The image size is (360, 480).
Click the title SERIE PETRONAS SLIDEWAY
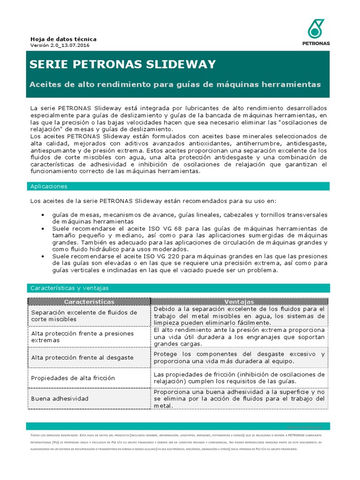(x=123, y=64)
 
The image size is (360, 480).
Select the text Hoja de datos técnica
(x=63, y=39)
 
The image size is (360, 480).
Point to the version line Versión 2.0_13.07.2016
(x=60, y=45)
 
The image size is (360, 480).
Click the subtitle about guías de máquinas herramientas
(x=175, y=84)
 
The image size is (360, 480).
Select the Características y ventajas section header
(x=69, y=288)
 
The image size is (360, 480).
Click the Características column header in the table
(x=89, y=301)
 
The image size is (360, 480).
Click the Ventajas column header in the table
(x=239, y=301)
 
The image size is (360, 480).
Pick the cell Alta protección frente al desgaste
(x=82, y=357)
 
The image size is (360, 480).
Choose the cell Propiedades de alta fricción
(x=73, y=378)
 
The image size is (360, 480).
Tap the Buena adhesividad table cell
(x=60, y=398)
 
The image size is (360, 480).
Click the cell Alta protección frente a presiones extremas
(x=82, y=337)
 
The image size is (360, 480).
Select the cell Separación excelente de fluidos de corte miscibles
(x=84, y=315)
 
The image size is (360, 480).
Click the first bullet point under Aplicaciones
(x=42, y=215)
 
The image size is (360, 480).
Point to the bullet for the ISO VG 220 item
(x=42, y=256)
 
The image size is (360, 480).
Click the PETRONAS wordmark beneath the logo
(x=316, y=43)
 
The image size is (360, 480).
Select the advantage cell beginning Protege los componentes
(x=239, y=357)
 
